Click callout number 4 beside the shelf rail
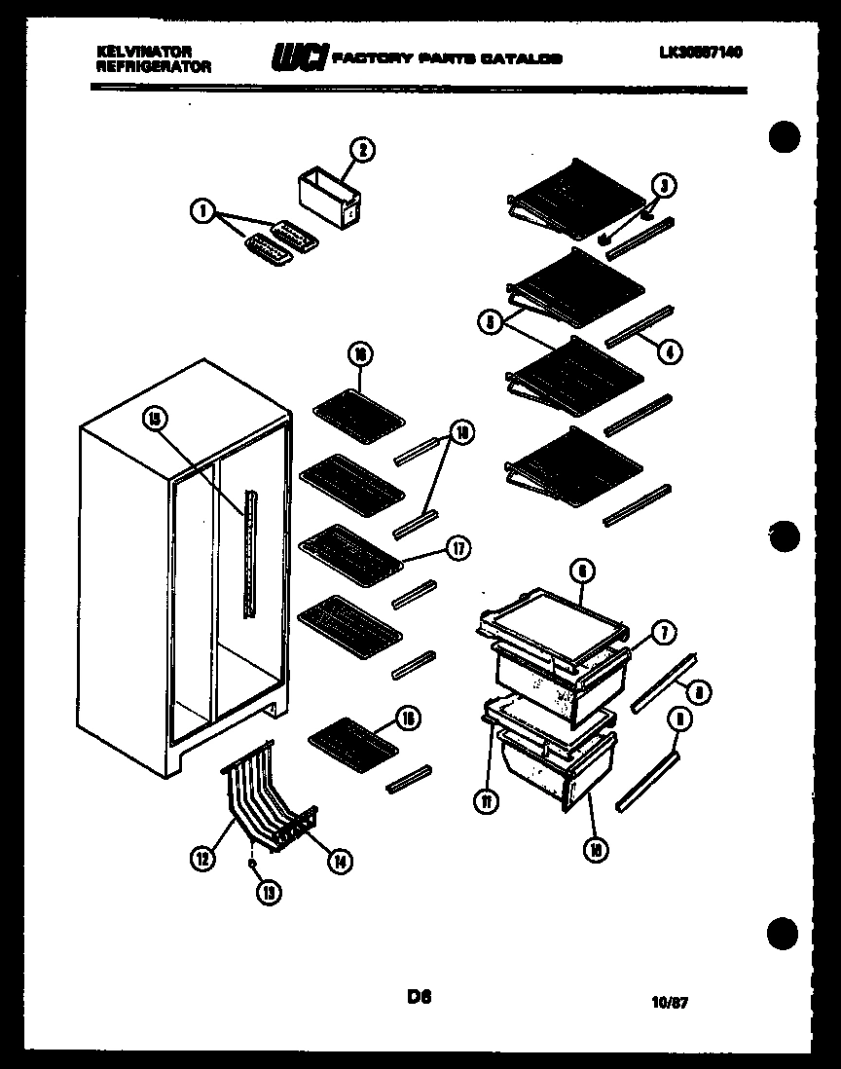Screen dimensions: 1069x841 pyautogui.click(x=669, y=350)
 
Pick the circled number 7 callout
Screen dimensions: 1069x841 pyautogui.click(x=661, y=633)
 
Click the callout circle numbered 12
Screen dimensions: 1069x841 pyautogui.click(x=202, y=859)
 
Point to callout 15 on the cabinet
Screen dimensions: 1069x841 pyautogui.click(x=155, y=419)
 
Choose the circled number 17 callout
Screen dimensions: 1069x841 pyautogui.click(x=456, y=548)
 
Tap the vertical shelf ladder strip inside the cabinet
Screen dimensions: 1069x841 pyautogui.click(x=253, y=552)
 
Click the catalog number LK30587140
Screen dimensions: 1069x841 pyautogui.click(x=700, y=53)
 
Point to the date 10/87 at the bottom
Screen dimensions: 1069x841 pyautogui.click(x=671, y=1001)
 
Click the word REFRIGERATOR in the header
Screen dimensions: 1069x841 pyautogui.click(x=153, y=66)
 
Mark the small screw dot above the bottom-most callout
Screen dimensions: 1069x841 pyautogui.click(x=252, y=863)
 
